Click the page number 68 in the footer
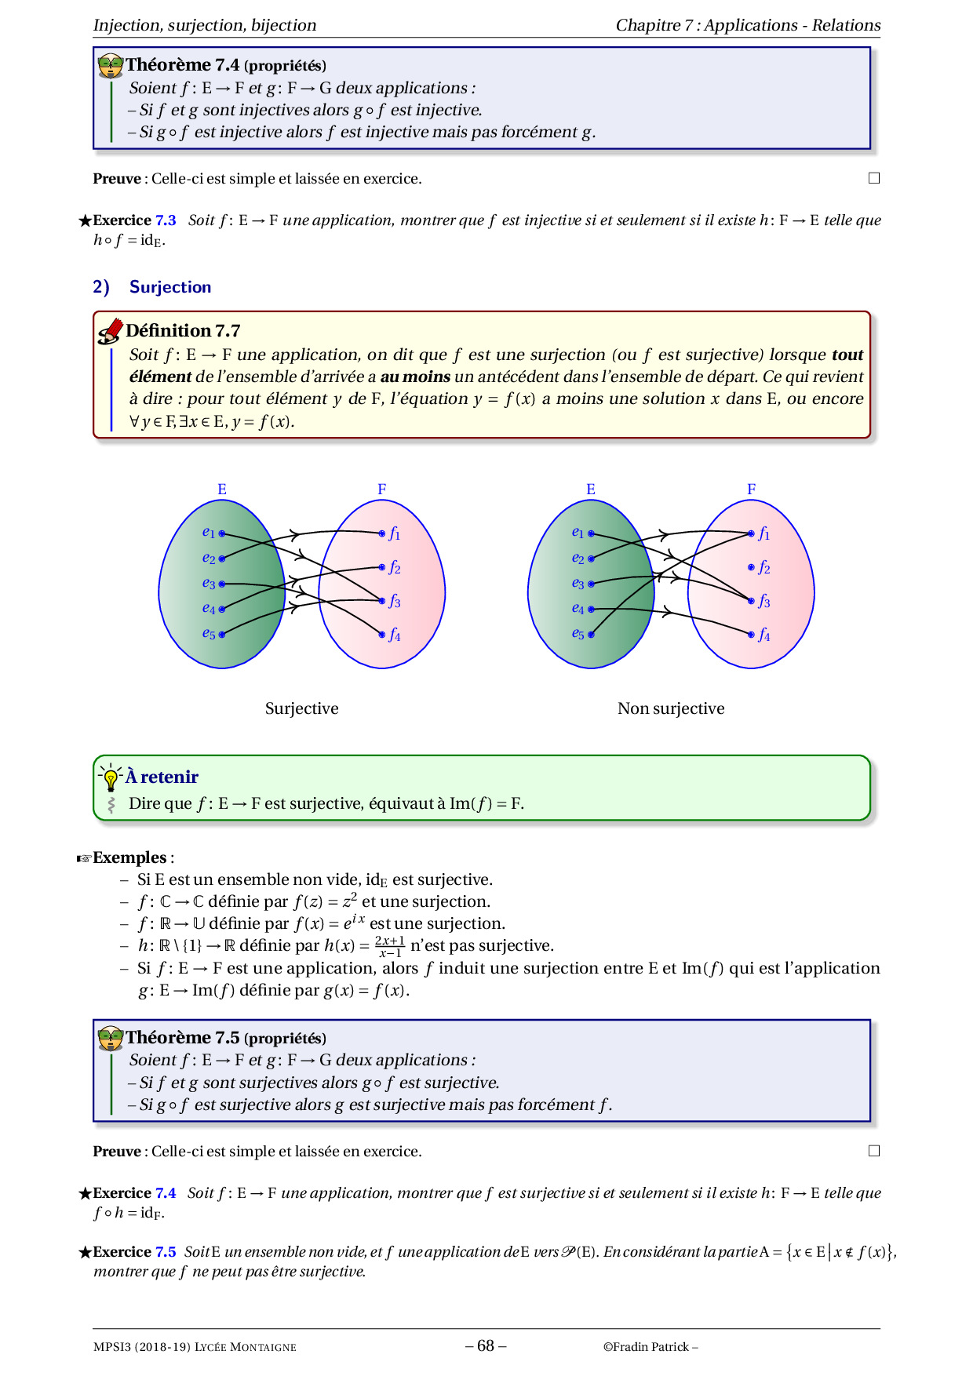pos(486,1345)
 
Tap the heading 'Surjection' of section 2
pos(170,287)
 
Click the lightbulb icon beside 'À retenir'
pos(111,777)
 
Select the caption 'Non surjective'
pos(671,708)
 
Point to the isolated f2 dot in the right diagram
pos(751,566)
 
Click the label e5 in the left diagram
pos(208,634)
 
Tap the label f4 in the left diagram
pos(394,635)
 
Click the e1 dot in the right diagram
pos(591,533)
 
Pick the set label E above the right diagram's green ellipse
pos(591,490)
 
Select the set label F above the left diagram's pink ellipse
pos(382,490)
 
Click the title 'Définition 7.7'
pos(183,330)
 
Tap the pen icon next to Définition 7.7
pos(110,331)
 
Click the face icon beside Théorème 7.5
pos(111,1038)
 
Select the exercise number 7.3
pos(166,220)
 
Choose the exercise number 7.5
pos(166,1252)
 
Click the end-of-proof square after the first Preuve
pos(874,178)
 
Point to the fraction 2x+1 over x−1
pos(389,946)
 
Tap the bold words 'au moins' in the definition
pos(415,377)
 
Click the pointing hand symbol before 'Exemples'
pos(84,858)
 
